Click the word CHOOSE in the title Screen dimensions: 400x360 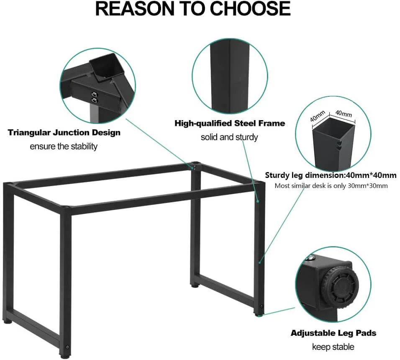pyautogui.click(x=250, y=8)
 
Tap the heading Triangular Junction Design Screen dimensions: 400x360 pyautogui.click(x=64, y=132)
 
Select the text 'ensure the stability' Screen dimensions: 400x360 pyautogui.click(x=64, y=146)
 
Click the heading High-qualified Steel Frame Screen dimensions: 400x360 pyautogui.click(x=230, y=123)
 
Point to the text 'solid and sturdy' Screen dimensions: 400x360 pyautogui.click(x=229, y=137)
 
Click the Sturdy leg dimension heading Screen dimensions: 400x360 pyautogui.click(x=331, y=175)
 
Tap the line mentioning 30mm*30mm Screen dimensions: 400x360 pyautogui.click(x=331, y=186)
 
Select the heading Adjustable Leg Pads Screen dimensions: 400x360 pyautogui.click(x=333, y=333)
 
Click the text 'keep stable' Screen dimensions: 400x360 pyautogui.click(x=333, y=347)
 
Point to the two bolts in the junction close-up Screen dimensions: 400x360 pyautogui.click(x=95, y=97)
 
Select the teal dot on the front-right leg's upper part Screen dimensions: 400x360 pyautogui.click(x=258, y=201)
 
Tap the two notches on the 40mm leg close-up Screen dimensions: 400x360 pyautogui.click(x=339, y=144)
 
